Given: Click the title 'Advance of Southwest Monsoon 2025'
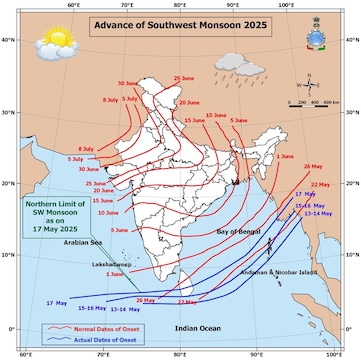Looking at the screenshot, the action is click(186, 25).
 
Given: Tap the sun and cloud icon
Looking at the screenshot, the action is click(47, 45).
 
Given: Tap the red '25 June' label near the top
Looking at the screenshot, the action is click(184, 78).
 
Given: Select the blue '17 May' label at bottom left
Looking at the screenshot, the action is click(56, 301).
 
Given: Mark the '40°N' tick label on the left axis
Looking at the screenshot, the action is click(7, 39).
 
